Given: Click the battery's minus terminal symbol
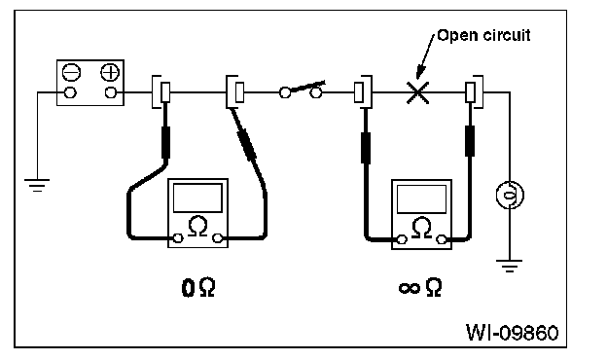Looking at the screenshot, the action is (x=72, y=72).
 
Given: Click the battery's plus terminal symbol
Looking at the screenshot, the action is (x=110, y=72).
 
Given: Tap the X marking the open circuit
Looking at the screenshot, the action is (x=417, y=92).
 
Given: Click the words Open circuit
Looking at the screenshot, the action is (x=483, y=35).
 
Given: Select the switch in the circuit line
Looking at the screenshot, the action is (x=301, y=90).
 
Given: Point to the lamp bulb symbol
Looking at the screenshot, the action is (x=510, y=195).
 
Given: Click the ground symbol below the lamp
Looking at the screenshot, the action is (x=510, y=266).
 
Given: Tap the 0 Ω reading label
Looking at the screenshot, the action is (x=197, y=288).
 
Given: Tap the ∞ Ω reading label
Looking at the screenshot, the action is (x=420, y=288).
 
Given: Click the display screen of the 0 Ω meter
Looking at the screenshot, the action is (x=197, y=198).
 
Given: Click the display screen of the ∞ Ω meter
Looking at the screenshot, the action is (x=421, y=198).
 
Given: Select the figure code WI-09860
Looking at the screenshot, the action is (x=512, y=332).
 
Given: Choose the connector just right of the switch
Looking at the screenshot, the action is (x=363, y=92).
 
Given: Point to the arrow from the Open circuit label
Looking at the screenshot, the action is (x=426, y=55).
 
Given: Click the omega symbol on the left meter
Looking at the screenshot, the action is (x=197, y=226).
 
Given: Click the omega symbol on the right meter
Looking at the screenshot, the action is (x=421, y=227).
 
